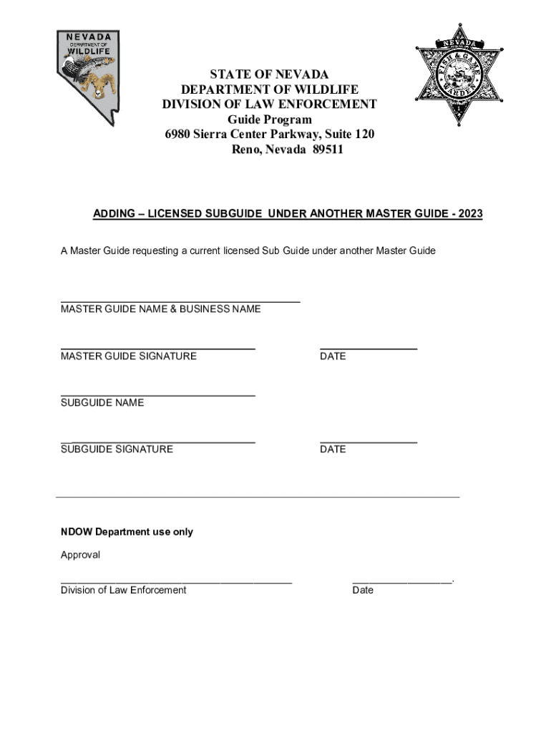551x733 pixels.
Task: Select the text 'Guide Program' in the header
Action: click(270, 120)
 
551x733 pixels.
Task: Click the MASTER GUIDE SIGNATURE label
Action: click(129, 356)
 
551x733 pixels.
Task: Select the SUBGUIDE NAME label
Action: click(102, 402)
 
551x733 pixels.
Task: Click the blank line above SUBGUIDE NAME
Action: click(158, 394)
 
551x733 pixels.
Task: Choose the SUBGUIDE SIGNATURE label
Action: click(117, 449)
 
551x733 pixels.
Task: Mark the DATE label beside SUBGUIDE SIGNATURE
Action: click(333, 449)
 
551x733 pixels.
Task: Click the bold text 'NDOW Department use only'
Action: click(127, 532)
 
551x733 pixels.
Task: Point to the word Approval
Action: click(80, 555)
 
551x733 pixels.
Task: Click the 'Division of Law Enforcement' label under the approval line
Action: click(123, 590)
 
